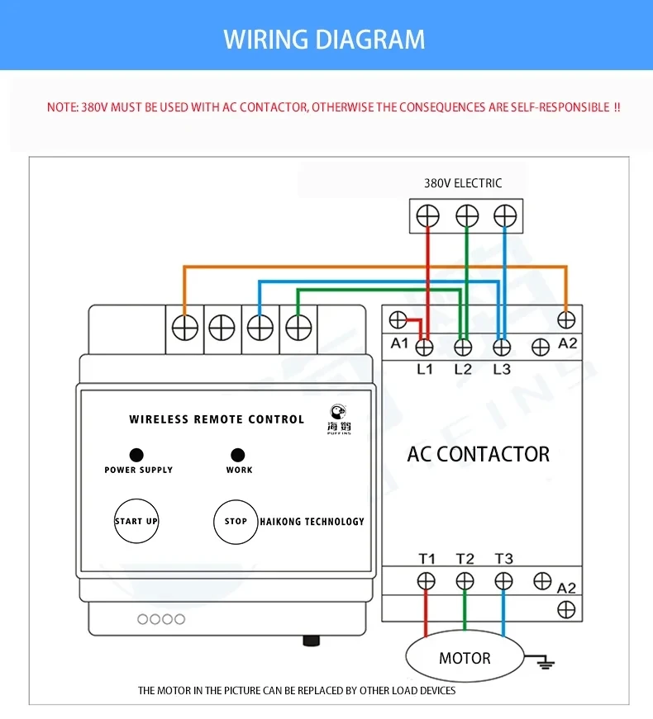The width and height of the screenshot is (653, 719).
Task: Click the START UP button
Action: [x=136, y=521]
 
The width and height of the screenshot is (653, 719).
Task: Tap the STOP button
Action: [x=236, y=522]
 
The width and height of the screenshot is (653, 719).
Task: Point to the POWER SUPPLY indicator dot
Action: [x=136, y=455]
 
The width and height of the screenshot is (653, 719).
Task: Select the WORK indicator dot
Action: [x=238, y=455]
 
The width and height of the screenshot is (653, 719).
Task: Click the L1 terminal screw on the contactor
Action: [x=424, y=348]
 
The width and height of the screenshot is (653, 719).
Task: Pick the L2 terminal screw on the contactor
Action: [x=463, y=348]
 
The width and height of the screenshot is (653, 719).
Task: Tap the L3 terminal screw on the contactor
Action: [x=502, y=348]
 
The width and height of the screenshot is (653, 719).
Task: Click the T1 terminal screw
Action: [x=427, y=581]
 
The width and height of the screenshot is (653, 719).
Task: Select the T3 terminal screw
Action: [x=503, y=581]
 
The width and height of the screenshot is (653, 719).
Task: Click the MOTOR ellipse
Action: [x=465, y=656]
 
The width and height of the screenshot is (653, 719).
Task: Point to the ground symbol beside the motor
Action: [x=546, y=663]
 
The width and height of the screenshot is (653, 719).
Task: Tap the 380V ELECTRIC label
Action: [x=463, y=183]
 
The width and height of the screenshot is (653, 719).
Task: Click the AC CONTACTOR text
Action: [x=478, y=454]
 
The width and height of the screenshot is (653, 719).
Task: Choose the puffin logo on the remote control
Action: [x=339, y=419]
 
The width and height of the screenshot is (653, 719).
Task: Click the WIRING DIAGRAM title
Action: [x=324, y=40]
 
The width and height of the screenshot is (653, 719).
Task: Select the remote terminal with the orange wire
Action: [x=185, y=328]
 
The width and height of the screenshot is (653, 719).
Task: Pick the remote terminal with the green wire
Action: [x=298, y=328]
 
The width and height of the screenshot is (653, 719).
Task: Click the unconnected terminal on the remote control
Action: [x=222, y=328]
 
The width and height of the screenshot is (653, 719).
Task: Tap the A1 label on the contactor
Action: [x=399, y=343]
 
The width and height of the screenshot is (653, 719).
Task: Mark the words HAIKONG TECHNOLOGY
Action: [x=312, y=522]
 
